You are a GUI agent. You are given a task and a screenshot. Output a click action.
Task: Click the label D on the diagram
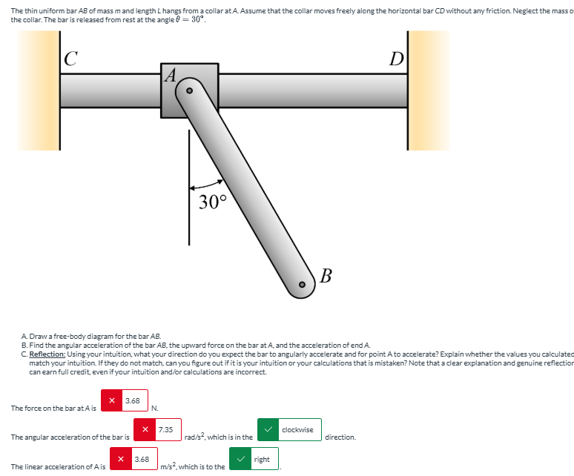pyautogui.click(x=397, y=59)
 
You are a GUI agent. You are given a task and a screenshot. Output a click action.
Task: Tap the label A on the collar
pyautogui.click(x=170, y=74)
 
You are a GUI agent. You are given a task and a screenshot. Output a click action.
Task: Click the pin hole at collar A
pyautogui.click(x=188, y=90)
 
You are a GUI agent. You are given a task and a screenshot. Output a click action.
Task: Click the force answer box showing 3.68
pyautogui.click(x=132, y=401)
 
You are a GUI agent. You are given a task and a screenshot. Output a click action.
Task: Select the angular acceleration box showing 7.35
pyautogui.click(x=165, y=430)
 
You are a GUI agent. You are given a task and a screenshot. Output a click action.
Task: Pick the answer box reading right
pyautogui.click(x=262, y=460)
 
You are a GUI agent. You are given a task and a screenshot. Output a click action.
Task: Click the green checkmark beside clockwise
pyautogui.click(x=268, y=430)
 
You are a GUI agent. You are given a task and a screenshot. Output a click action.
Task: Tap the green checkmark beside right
pyautogui.click(x=240, y=460)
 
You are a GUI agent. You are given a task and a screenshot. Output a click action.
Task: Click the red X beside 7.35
pyautogui.click(x=145, y=430)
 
